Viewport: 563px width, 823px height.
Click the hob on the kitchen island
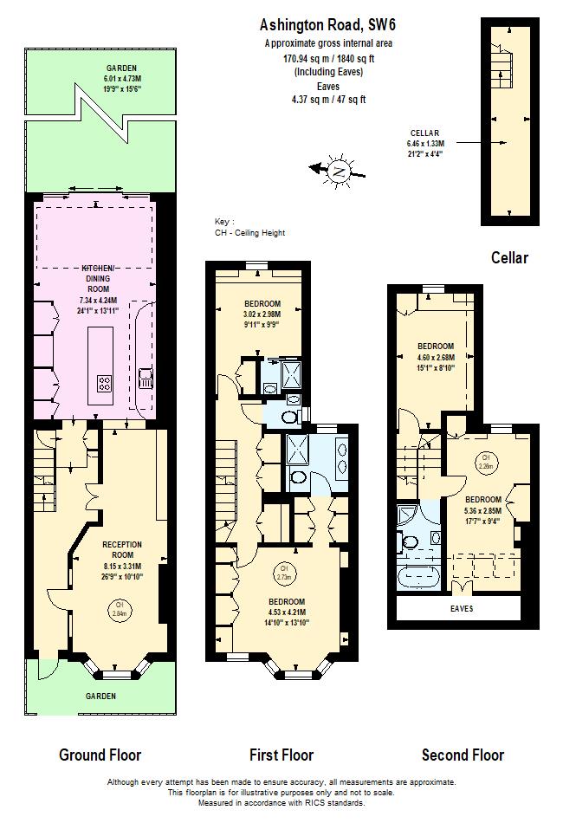(104, 383)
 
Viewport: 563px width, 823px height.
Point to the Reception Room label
(122, 549)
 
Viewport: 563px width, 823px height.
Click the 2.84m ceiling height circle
(119, 608)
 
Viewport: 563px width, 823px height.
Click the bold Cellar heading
(509, 257)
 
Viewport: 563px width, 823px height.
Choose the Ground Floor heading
(100, 755)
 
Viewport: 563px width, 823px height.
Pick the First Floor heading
(281, 755)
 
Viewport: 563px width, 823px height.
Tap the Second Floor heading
(463, 755)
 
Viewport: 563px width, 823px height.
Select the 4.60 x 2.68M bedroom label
(436, 356)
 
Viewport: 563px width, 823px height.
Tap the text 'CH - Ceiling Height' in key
(249, 233)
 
